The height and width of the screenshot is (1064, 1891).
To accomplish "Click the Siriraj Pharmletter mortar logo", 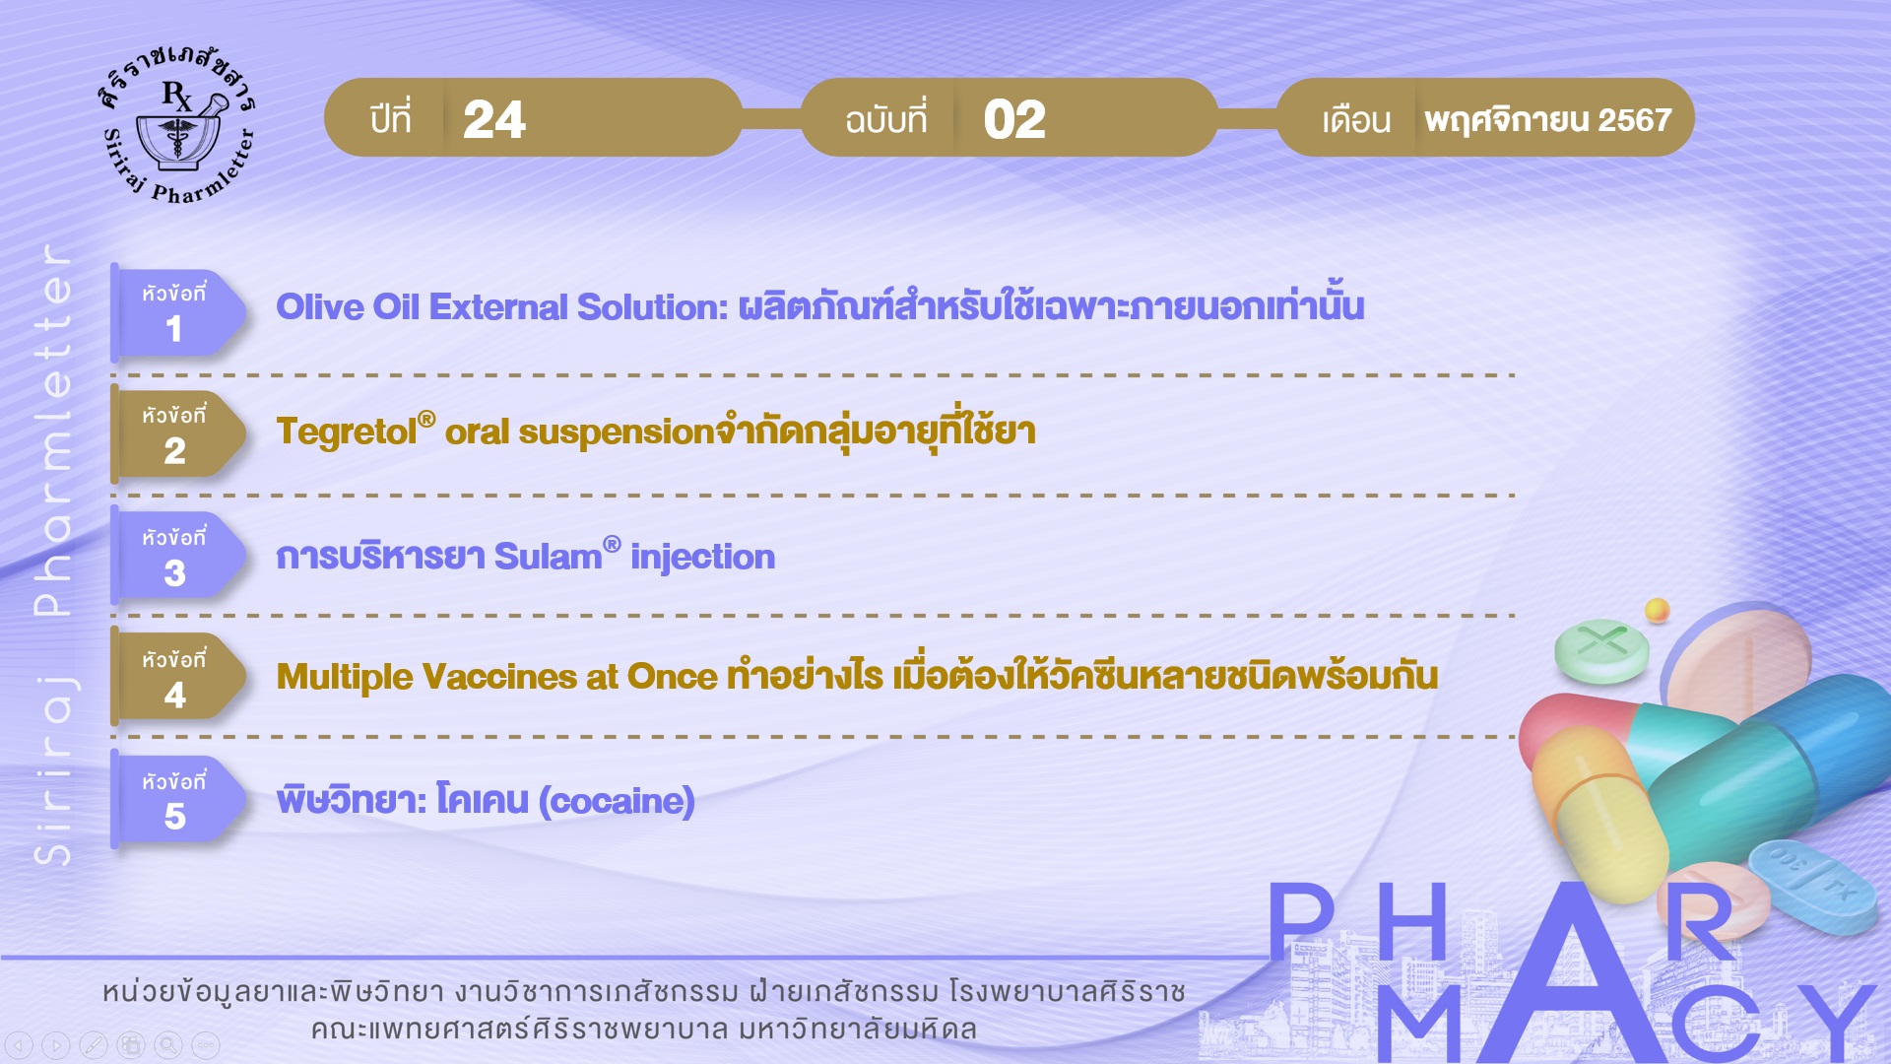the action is tap(177, 123).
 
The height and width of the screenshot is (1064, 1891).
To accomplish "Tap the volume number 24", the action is tap(494, 119).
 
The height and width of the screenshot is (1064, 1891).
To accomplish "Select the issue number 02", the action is tap(1014, 119).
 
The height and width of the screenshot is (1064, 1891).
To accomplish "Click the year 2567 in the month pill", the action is tap(1635, 120).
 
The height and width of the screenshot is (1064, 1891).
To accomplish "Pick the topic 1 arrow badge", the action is tap(177, 312).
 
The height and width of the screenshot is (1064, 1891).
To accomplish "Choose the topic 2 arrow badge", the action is tap(177, 434).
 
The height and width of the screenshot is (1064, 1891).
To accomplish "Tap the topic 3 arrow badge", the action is tap(177, 557).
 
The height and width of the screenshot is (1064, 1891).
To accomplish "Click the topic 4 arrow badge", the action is tap(177, 678).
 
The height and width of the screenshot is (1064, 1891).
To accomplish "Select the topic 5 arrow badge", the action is tap(177, 800).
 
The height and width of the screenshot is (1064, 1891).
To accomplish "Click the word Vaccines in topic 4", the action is tap(499, 677).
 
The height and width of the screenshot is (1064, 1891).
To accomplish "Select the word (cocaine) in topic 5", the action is tap(617, 801).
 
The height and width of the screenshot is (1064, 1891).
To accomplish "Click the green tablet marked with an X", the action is tap(1601, 651).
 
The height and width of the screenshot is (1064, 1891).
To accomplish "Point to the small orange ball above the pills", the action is tap(1658, 610).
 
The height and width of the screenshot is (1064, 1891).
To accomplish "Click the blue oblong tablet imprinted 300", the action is tap(1812, 884).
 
